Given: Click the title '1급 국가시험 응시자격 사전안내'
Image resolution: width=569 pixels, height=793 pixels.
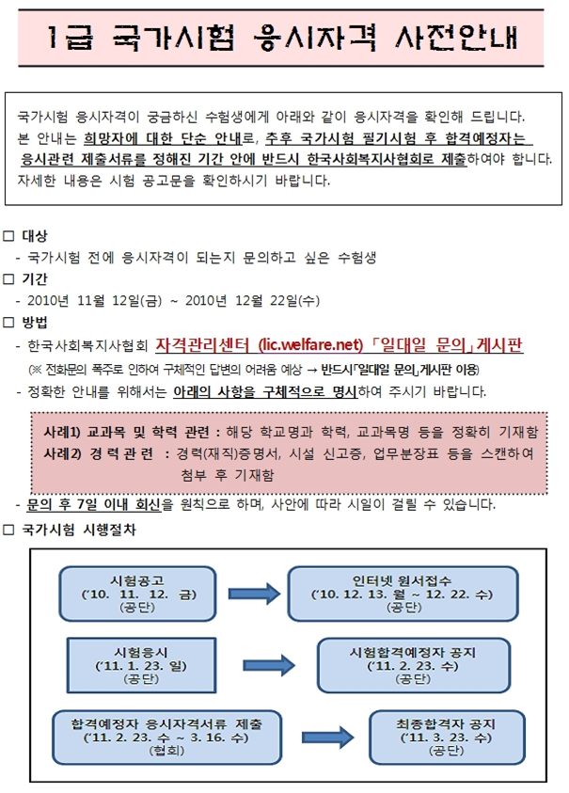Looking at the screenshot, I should [283, 39].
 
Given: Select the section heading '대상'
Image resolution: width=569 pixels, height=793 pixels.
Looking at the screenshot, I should [34, 234].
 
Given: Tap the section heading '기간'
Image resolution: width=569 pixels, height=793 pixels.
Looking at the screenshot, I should [34, 278].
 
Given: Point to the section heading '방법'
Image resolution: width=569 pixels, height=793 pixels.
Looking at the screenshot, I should [34, 323].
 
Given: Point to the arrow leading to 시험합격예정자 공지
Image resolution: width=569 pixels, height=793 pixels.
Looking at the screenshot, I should [267, 665].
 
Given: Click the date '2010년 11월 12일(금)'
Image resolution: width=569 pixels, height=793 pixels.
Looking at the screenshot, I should [94, 301].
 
